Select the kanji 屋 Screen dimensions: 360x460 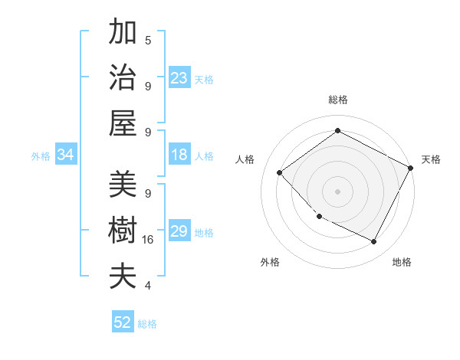pyautogui.click(x=123, y=124)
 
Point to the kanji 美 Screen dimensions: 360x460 pyautogui.click(x=123, y=184)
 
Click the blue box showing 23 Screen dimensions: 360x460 pyautogui.click(x=179, y=78)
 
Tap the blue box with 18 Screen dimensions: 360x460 pyautogui.click(x=179, y=155)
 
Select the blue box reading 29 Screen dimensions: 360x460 pyautogui.click(x=179, y=231)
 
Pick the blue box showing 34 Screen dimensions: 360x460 pyautogui.click(x=66, y=155)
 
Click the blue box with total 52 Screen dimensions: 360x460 pyautogui.click(x=123, y=322)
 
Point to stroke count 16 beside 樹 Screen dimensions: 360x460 pyautogui.click(x=149, y=240)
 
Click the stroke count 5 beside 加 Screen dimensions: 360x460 pyautogui.click(x=147, y=40)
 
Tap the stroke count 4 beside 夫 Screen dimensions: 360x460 pyautogui.click(x=147, y=286)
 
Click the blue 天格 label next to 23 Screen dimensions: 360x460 pyautogui.click(x=204, y=79)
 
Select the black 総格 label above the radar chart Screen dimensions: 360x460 pyautogui.click(x=337, y=100)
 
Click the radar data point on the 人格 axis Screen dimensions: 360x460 pyautogui.click(x=280, y=173)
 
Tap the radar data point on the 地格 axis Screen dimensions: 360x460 pyautogui.click(x=374, y=241)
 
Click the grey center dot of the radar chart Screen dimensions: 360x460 pyautogui.click(x=337, y=191)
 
